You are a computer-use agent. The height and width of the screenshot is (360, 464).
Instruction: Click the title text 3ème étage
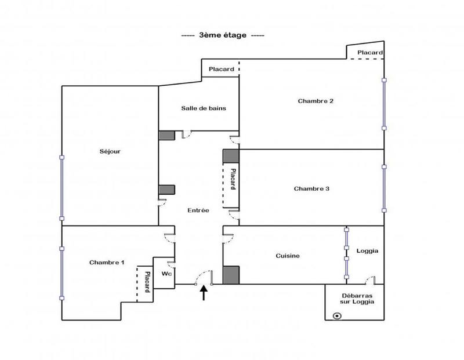[x=222, y=35]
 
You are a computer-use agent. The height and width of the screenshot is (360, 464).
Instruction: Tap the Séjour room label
[x=109, y=152]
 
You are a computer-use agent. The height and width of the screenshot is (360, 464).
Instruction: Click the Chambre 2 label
[x=316, y=101]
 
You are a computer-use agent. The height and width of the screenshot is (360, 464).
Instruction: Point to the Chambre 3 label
[x=311, y=188]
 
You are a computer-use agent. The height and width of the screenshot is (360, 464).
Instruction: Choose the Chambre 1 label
[x=107, y=263]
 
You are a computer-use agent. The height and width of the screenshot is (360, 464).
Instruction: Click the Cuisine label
[x=288, y=256]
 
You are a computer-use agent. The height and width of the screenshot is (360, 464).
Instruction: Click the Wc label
[x=166, y=273]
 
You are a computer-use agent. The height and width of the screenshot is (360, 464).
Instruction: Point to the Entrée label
[x=198, y=210]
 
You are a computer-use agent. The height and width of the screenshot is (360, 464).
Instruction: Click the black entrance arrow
[x=204, y=294]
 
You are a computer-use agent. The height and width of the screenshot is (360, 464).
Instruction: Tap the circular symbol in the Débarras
[x=337, y=316]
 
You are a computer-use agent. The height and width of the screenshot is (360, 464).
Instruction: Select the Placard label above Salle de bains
[x=222, y=70]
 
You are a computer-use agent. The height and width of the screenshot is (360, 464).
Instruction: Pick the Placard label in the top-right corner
[x=369, y=53]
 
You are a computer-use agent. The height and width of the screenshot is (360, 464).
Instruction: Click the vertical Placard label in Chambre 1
[x=147, y=282]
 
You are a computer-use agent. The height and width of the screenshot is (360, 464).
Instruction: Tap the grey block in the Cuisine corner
[x=231, y=275]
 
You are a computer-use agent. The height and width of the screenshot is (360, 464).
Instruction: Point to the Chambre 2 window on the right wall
[x=383, y=104]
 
